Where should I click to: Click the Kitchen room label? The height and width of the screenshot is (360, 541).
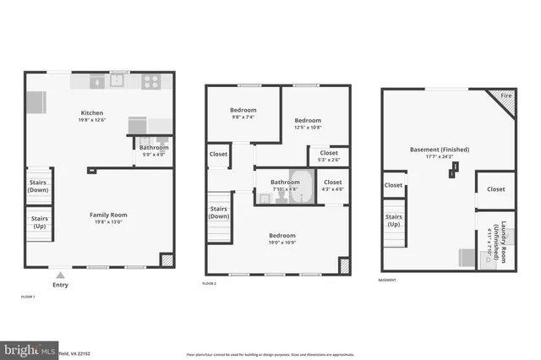pos(91,113)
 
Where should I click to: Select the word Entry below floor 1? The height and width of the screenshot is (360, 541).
pos(60,285)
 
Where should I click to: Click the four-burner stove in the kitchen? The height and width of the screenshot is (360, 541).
pos(150,82)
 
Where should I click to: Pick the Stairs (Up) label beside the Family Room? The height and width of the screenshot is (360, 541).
pos(38,222)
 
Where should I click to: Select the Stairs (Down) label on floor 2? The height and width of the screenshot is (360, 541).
pos(219,211)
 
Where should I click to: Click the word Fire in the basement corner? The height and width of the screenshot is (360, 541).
pos(506,96)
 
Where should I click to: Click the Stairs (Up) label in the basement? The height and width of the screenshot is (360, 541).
pos(393,221)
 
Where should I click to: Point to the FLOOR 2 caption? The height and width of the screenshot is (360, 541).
pos(210,282)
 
